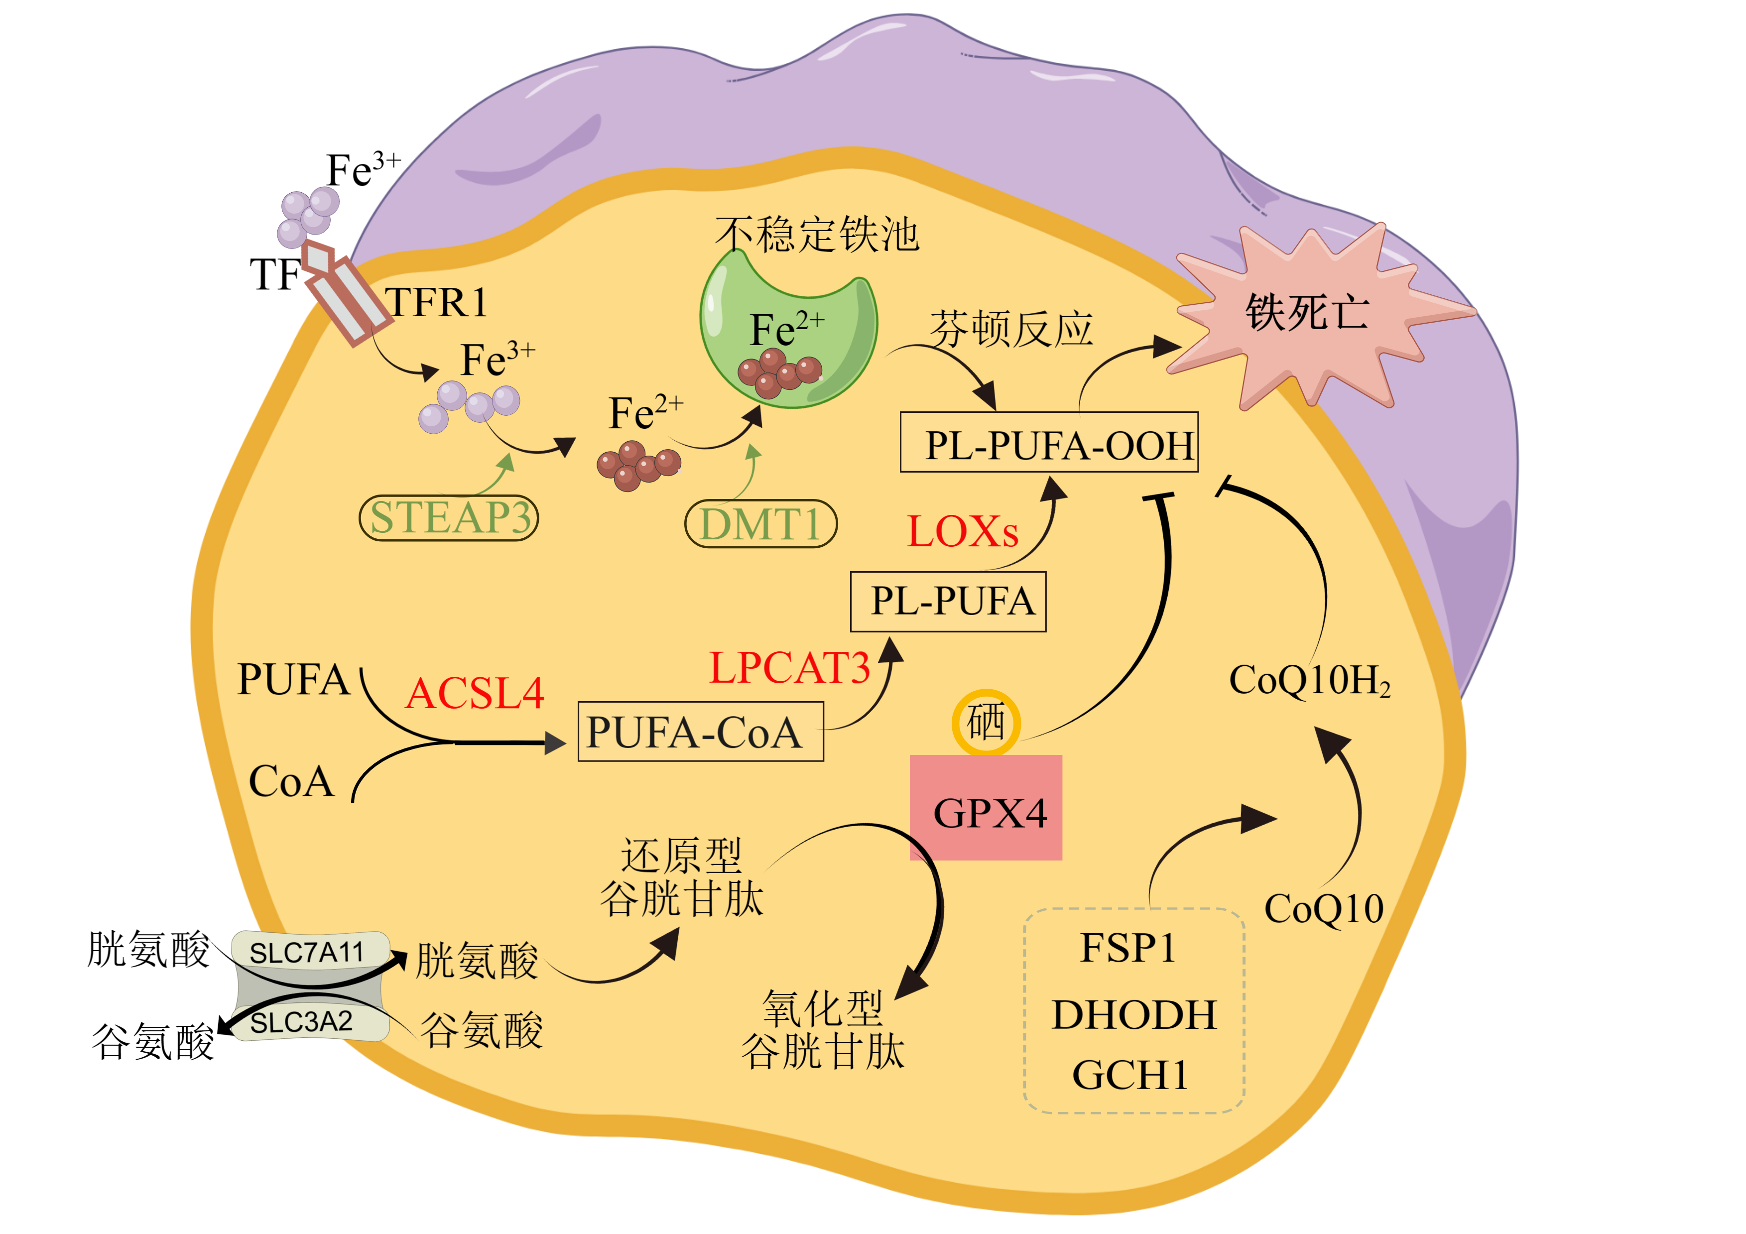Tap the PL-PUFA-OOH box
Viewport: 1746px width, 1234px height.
click(1049, 443)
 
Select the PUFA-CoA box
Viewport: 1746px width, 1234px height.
click(700, 732)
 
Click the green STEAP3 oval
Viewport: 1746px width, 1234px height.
click(449, 518)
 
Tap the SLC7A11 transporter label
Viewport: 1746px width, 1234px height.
click(308, 952)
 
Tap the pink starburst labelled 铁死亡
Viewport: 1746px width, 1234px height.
click(1306, 313)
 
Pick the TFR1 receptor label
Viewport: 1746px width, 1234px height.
click(436, 303)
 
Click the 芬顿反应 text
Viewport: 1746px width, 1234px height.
click(1011, 329)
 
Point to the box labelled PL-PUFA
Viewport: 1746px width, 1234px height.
click(948, 602)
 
